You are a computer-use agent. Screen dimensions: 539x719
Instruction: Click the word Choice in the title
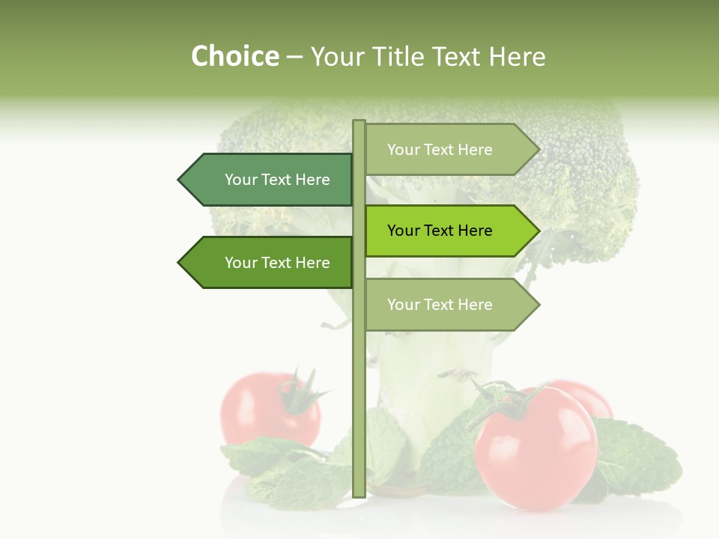(234, 57)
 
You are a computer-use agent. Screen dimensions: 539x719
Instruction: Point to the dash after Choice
(294, 58)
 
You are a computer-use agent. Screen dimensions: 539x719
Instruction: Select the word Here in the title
(517, 57)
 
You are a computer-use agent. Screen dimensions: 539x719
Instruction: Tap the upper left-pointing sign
(270, 180)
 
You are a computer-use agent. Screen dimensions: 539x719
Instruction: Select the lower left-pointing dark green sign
(270, 263)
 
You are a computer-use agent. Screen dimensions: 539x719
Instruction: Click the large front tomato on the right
(536, 449)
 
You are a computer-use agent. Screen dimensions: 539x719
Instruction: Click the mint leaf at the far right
(644, 457)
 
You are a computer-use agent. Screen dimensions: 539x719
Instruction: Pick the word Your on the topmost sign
(403, 150)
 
